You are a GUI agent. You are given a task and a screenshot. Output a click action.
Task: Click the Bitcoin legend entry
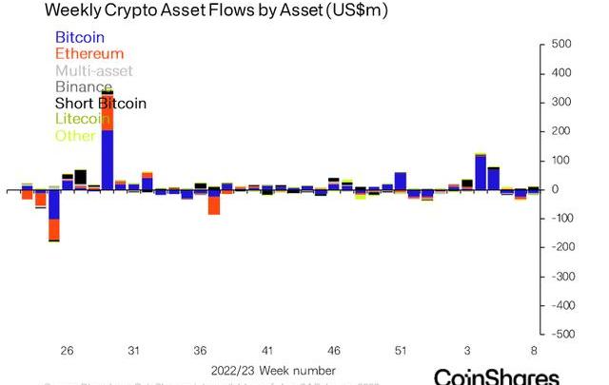click(x=80, y=37)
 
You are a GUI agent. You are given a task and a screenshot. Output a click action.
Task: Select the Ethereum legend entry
click(x=89, y=53)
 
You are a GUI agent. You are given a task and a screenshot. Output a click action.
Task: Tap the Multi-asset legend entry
click(x=93, y=70)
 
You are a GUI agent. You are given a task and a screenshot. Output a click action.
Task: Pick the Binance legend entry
click(x=84, y=87)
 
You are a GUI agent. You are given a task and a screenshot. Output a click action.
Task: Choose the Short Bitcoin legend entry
click(x=101, y=103)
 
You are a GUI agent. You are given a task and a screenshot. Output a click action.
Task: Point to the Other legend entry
click(x=75, y=135)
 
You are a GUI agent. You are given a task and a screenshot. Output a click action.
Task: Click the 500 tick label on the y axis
click(x=561, y=45)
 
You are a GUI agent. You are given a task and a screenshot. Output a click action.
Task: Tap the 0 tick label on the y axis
click(x=554, y=189)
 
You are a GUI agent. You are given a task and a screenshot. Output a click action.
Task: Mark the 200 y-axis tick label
click(x=561, y=131)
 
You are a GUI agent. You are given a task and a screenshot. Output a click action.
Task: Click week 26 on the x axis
click(x=67, y=351)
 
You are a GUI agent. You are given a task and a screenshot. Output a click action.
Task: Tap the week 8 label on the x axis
click(x=534, y=351)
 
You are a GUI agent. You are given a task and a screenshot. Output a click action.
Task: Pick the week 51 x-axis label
click(x=401, y=351)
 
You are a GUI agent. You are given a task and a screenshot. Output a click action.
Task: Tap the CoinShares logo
click(x=495, y=376)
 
